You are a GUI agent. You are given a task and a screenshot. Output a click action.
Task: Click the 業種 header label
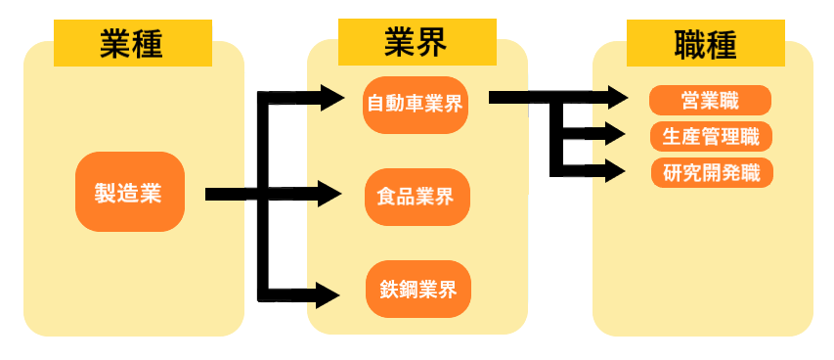(x=133, y=43)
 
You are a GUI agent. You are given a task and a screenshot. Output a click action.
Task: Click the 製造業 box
(x=129, y=193)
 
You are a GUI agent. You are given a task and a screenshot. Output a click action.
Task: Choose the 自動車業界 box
(x=417, y=103)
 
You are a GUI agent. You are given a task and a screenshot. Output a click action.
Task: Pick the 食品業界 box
(x=417, y=196)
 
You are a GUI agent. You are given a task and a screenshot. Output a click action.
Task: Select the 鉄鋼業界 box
(x=418, y=290)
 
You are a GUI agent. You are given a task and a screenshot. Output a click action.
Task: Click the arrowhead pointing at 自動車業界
(x=332, y=97)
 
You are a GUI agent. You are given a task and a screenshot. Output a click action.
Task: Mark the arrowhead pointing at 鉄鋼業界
(x=329, y=292)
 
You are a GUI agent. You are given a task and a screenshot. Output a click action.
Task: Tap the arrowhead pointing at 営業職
(x=616, y=97)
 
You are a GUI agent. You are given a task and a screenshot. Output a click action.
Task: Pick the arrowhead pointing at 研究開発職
(x=613, y=171)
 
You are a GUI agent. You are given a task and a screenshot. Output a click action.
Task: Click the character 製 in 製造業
(x=105, y=193)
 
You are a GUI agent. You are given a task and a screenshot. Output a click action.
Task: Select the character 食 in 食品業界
(x=386, y=196)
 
